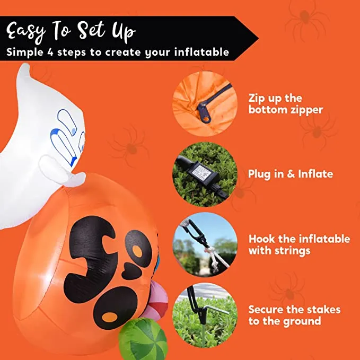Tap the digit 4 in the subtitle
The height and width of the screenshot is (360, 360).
pyautogui.click(x=50, y=52)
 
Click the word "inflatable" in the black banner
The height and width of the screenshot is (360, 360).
pyautogui.click(x=201, y=52)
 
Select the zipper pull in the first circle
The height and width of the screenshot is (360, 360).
pyautogui.click(x=204, y=113)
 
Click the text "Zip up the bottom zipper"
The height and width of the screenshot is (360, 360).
pyautogui.click(x=286, y=104)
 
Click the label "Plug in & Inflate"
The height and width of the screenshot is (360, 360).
pyautogui.click(x=291, y=174)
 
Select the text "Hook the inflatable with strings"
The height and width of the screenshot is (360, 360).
pyautogui.click(x=299, y=245)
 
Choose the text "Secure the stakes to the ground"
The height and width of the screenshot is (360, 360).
pyautogui.click(x=294, y=315)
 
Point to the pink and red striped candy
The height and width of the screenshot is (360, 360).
pyautogui.click(x=158, y=301)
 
